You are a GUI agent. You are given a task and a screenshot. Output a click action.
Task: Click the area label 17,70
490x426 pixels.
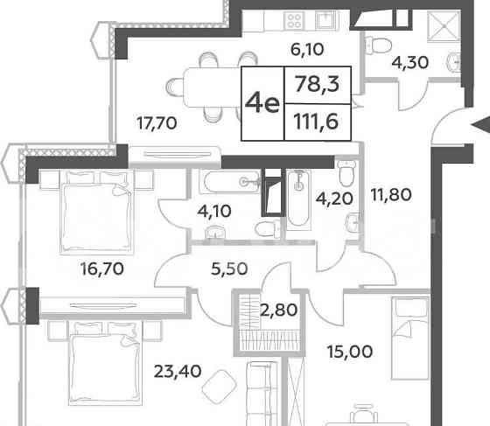point(157,123)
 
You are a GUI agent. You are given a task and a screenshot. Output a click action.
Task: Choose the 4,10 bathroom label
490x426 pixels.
point(214,211)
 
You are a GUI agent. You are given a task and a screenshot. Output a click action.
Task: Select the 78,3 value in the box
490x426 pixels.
point(319,85)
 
